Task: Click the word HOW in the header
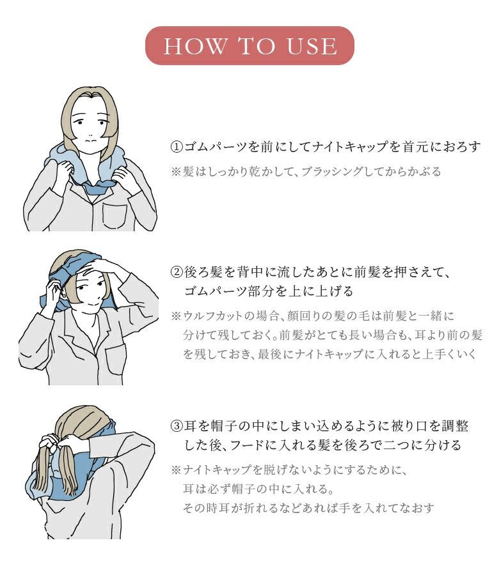click(195, 46)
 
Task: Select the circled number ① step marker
click(177, 147)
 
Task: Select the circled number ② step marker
click(177, 272)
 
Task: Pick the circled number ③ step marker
click(177, 426)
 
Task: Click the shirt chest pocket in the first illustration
click(115, 216)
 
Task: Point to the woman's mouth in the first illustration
click(91, 140)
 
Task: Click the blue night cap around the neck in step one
click(88, 169)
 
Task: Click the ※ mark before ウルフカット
click(176, 316)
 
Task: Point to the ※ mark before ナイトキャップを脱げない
click(176, 470)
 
